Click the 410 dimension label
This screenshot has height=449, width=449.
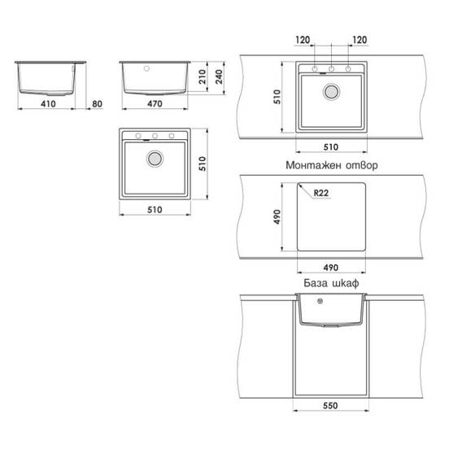[48, 103]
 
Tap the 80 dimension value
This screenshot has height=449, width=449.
[97, 103]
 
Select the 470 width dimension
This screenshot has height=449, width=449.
[155, 103]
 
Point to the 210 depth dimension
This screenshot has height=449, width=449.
[203, 76]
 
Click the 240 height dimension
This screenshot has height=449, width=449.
[219, 76]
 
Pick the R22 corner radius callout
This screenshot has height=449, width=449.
[321, 193]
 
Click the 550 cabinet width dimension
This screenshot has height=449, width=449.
[330, 405]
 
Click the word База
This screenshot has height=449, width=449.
[316, 283]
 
